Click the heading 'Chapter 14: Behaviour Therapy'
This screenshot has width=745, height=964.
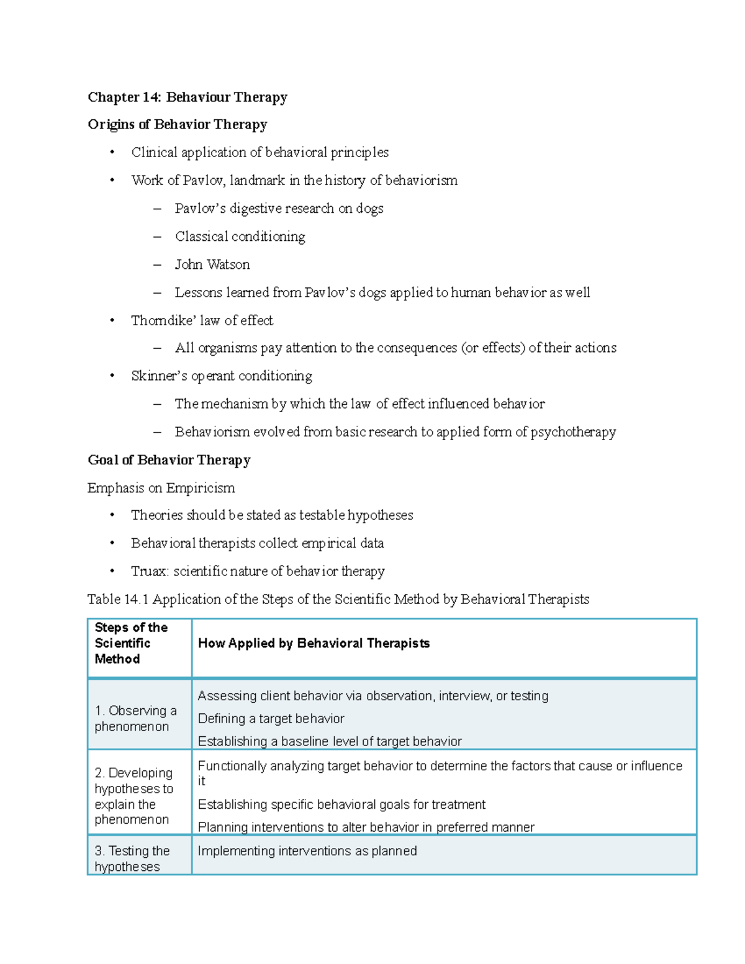pyautogui.click(x=187, y=97)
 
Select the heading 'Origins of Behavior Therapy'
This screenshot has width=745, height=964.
pyautogui.click(x=177, y=124)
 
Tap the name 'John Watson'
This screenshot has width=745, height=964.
pyautogui.click(x=212, y=264)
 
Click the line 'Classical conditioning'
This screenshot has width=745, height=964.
pyautogui.click(x=240, y=236)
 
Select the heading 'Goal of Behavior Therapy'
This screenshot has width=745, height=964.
pyautogui.click(x=169, y=460)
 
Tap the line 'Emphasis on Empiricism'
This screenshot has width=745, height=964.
pyautogui.click(x=161, y=488)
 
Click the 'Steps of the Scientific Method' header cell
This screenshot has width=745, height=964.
pyautogui.click(x=131, y=643)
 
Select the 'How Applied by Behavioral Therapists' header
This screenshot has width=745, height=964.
pyautogui.click(x=314, y=643)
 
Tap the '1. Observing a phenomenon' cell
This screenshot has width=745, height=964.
pyautogui.click(x=135, y=718)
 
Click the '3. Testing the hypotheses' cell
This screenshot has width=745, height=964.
pyautogui.click(x=132, y=858)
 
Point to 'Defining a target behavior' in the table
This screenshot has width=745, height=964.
pyautogui.click(x=271, y=719)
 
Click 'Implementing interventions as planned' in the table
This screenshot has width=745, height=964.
pyautogui.click(x=307, y=851)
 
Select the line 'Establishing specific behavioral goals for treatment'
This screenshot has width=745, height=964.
pyautogui.click(x=341, y=804)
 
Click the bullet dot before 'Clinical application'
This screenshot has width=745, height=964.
pyautogui.click(x=112, y=153)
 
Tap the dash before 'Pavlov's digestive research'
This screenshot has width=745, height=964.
pyautogui.click(x=157, y=209)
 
